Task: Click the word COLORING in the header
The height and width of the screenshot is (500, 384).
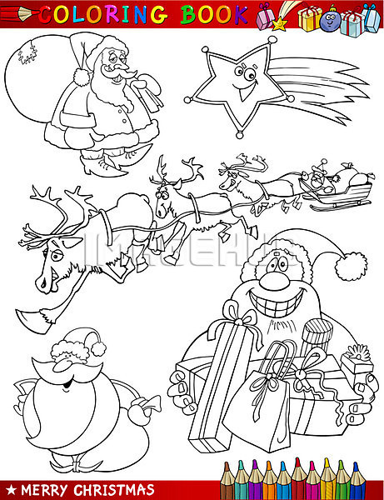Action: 104,14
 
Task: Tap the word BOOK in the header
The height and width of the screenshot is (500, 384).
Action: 214,14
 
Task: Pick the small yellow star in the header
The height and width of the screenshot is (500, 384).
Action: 279,23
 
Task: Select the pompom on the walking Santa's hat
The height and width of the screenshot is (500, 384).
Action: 81,77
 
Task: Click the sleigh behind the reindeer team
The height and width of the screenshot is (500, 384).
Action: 338,194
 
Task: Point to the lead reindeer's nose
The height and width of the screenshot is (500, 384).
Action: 39,282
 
